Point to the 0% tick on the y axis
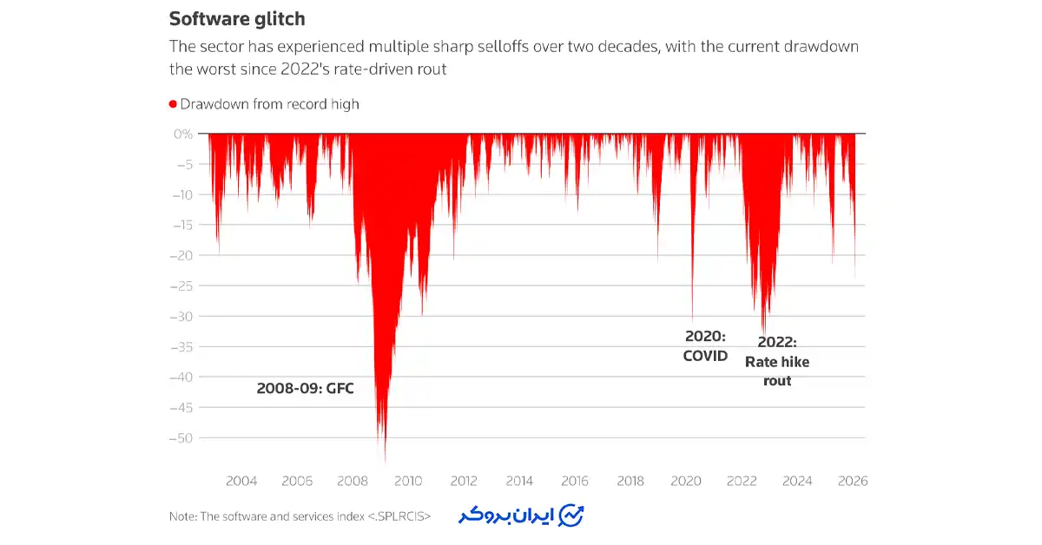click(183, 134)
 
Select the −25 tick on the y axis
click(180, 286)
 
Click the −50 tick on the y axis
click(180, 437)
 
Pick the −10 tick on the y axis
click(180, 194)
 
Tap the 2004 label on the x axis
click(241, 481)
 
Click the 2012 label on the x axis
click(464, 481)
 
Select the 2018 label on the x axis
click(630, 481)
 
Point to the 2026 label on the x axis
click(853, 481)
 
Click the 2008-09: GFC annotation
click(305, 389)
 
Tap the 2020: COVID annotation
click(705, 345)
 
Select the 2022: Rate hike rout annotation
click(776, 361)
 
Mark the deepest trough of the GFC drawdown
click(385, 462)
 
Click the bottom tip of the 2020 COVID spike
click(692, 319)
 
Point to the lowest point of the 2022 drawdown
click(763, 332)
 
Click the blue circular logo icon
click(571, 515)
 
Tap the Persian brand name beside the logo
click(507, 515)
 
